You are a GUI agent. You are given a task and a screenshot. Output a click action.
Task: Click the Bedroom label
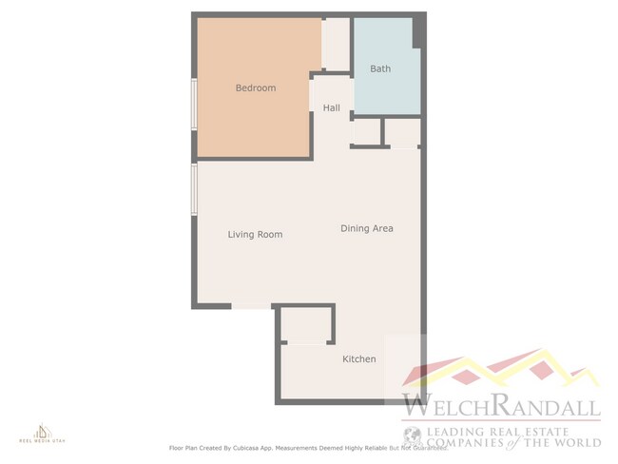256,88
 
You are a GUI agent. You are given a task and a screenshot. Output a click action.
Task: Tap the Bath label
380,68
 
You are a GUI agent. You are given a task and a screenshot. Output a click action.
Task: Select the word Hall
331,107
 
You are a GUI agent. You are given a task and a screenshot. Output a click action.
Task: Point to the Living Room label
255,234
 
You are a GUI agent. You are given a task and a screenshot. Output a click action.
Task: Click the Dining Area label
367,228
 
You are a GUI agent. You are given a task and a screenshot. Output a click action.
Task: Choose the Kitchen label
359,358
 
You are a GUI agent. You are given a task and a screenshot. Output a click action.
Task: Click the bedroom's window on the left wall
195,103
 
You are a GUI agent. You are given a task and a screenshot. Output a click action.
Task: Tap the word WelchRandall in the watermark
501,407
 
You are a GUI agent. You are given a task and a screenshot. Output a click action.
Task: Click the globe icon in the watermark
412,436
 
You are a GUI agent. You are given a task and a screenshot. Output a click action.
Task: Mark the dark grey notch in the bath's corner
417,32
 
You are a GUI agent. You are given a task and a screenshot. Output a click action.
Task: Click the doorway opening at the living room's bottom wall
253,306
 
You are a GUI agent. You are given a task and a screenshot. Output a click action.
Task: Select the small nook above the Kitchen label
306,325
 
